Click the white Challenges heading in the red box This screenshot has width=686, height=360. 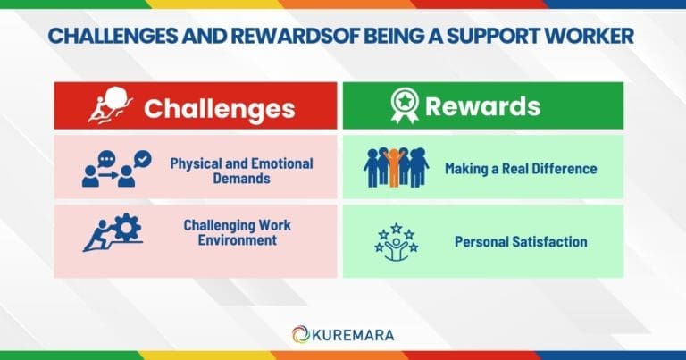pos(219,108)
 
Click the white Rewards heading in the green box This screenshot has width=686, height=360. pos(482,107)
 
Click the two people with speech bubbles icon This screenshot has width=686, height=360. pos(116,168)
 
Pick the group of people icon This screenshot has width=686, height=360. pos(396,167)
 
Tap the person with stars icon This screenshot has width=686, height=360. pos(396,241)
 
